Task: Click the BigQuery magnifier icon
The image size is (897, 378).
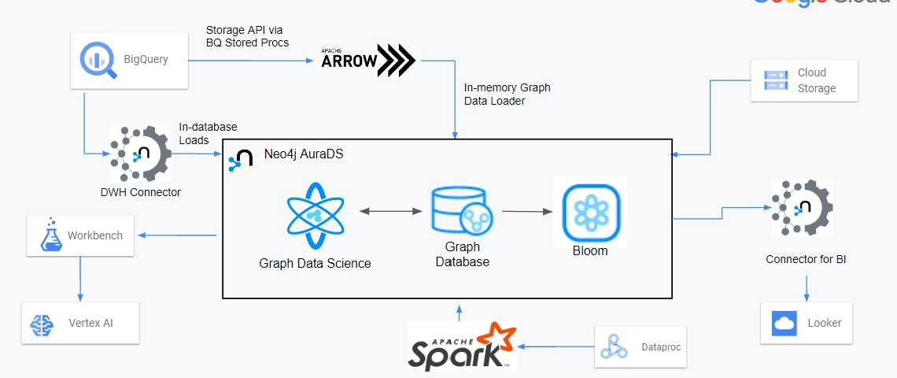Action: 99,60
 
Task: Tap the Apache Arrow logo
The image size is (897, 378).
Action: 367,61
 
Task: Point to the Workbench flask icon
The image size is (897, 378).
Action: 50,235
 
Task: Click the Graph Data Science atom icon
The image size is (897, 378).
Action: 315,215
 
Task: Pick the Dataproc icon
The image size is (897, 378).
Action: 614,346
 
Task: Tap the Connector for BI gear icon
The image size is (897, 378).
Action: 802,209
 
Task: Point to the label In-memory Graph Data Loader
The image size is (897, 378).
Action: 507,94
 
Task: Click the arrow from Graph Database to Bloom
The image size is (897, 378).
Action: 525,211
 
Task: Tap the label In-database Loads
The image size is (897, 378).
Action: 208,133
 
